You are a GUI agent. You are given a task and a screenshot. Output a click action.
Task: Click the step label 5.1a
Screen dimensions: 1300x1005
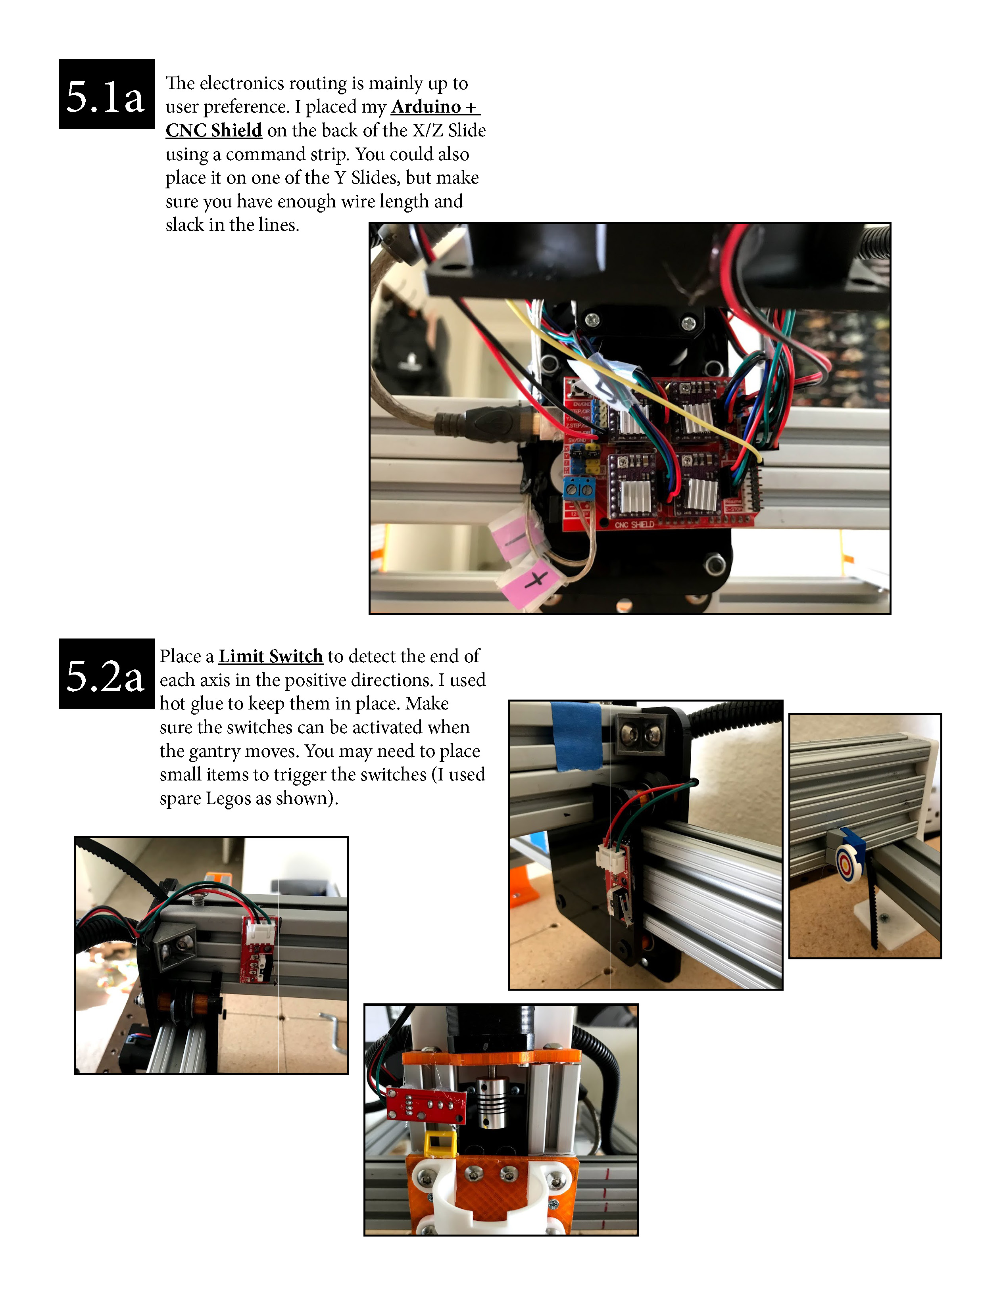click(106, 95)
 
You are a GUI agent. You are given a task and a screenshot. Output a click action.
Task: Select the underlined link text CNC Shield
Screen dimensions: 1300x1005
click(213, 130)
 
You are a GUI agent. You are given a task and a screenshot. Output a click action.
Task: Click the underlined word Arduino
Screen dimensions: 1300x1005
click(426, 107)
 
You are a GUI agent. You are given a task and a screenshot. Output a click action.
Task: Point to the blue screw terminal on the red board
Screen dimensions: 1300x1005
click(579, 489)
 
